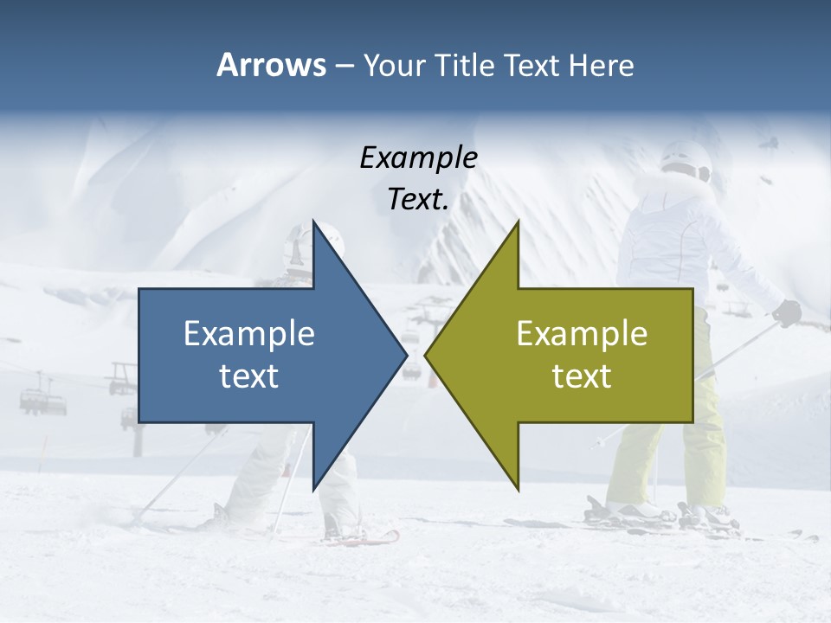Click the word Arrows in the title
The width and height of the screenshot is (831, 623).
[270, 65]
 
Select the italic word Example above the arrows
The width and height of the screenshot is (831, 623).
[418, 157]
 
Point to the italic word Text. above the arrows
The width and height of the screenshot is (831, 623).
[418, 200]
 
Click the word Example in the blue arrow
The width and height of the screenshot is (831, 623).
[249, 334]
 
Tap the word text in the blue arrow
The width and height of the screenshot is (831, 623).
[249, 376]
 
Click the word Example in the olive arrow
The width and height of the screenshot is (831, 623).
[582, 334]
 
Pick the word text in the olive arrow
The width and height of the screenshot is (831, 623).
[582, 376]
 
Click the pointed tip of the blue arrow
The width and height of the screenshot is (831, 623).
[405, 355]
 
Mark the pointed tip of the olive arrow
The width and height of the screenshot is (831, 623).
[427, 355]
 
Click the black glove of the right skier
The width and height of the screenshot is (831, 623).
[787, 312]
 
